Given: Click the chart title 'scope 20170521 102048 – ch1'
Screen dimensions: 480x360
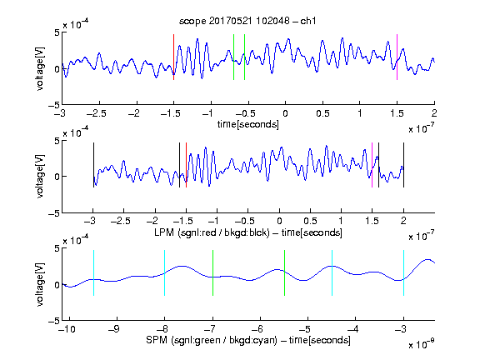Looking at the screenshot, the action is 247,21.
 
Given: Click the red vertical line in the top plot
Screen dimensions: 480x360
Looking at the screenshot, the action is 174,57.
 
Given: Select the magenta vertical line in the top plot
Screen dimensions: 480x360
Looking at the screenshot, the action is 397,57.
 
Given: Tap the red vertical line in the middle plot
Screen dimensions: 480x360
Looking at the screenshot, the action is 186,165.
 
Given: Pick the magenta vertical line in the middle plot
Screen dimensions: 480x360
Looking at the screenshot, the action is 372,165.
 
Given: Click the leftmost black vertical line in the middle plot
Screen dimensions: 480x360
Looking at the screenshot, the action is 93,165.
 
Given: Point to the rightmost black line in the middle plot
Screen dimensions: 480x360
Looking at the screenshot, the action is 403,165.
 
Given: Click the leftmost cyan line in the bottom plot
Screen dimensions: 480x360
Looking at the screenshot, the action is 93,273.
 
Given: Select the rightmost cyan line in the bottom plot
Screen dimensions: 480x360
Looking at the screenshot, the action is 403,273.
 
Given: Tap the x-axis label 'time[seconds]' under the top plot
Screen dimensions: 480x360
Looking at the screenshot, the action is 248,125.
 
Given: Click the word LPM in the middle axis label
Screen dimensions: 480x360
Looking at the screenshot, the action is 164,232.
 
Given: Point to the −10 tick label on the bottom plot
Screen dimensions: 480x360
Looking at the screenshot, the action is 67,329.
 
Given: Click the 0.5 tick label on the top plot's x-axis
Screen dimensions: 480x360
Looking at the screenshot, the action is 322,113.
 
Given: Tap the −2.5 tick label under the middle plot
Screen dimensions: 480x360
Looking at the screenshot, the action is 120,221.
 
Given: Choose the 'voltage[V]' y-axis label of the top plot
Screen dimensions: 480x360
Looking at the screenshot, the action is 40,69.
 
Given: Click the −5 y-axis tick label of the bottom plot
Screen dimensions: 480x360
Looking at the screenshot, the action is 54,321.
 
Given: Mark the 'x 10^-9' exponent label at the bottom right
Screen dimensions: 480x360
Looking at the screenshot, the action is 421,344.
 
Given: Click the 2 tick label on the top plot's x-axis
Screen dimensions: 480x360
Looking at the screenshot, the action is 434,113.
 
